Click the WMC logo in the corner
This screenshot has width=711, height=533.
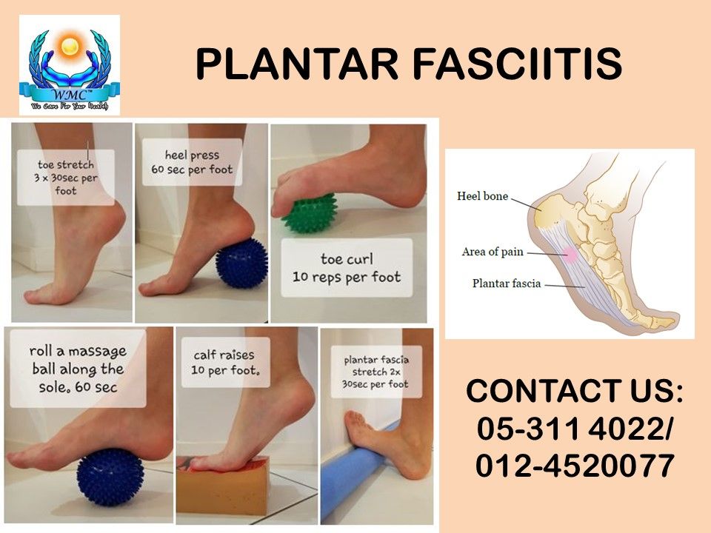click(70, 65)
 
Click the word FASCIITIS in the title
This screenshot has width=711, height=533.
click(517, 64)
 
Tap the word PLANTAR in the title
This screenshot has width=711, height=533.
click(297, 64)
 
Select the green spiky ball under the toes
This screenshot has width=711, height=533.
click(310, 213)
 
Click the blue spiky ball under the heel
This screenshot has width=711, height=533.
click(241, 264)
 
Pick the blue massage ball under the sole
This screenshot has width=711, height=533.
click(110, 477)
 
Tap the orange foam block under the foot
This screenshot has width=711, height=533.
click(224, 486)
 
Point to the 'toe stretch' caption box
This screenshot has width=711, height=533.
click(66, 178)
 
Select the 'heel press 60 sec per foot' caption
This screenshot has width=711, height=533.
click(192, 162)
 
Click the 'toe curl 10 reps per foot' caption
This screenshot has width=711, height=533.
click(347, 268)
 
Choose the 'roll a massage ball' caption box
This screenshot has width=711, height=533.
click(78, 369)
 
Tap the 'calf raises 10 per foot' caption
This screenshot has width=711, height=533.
click(225, 362)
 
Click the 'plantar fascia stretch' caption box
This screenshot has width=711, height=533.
click(376, 372)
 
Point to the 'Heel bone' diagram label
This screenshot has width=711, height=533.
click(482, 196)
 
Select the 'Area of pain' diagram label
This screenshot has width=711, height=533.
click(493, 252)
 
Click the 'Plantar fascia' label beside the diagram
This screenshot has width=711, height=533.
click(507, 284)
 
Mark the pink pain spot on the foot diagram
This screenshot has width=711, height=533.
click(570, 255)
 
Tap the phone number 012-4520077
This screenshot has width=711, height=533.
click(575, 466)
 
